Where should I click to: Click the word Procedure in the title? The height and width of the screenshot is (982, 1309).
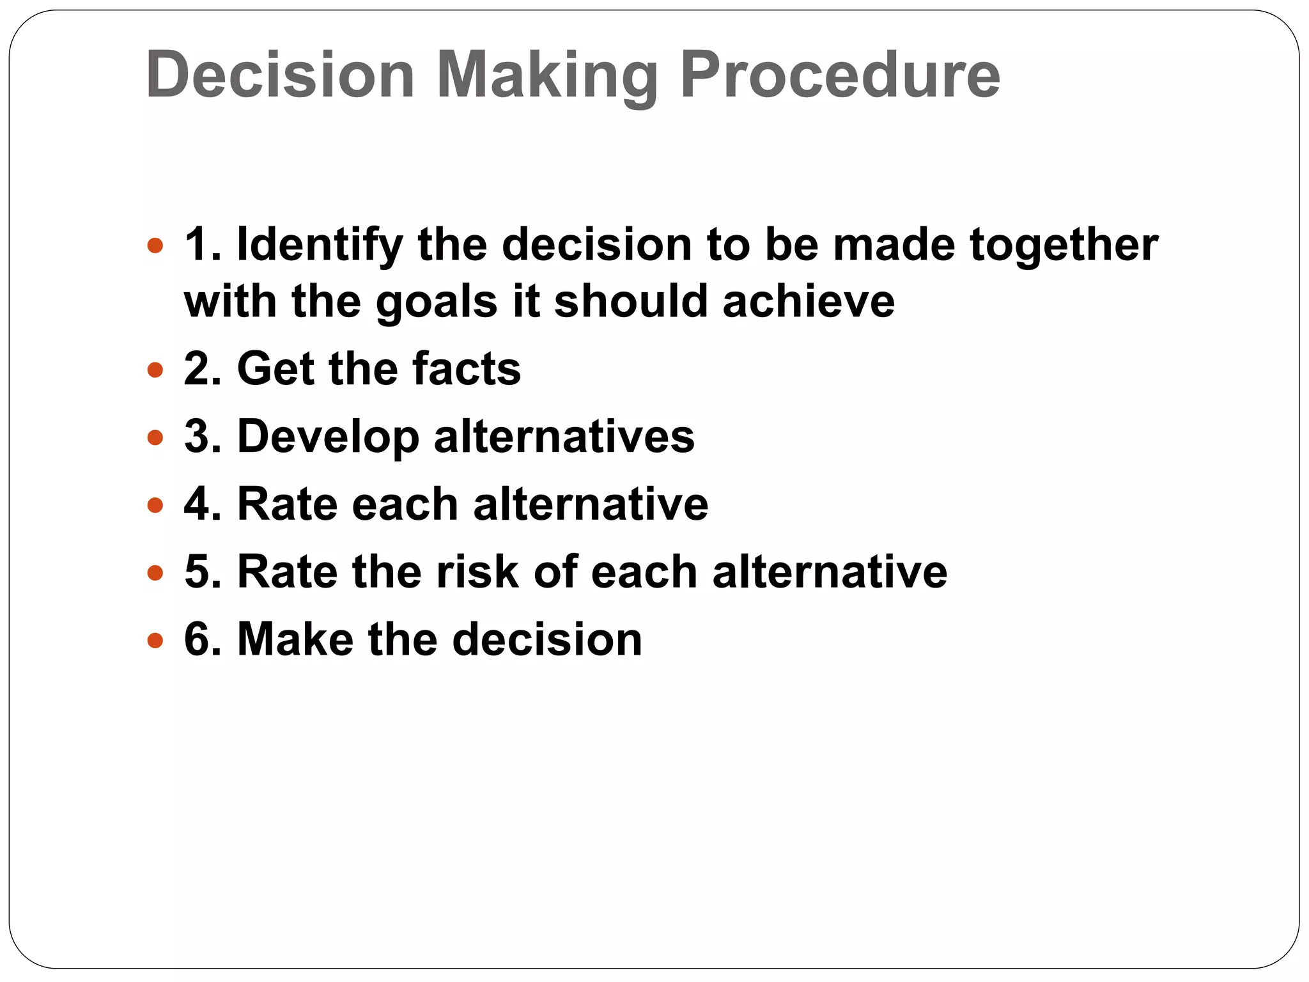coord(839,75)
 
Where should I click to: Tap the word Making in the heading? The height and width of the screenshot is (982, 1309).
coord(547,75)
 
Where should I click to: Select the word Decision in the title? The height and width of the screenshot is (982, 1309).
coord(280,75)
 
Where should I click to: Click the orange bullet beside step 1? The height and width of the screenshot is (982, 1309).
coord(155,245)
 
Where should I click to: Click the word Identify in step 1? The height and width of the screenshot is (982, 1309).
coord(320,245)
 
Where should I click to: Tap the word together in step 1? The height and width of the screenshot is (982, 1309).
coord(1064,245)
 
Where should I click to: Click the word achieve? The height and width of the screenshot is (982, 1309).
coord(809,302)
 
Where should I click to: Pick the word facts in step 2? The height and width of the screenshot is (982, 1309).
coord(467,369)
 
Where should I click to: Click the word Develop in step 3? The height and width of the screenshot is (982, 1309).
coord(328,437)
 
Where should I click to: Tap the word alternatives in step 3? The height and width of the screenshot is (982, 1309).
coord(564,437)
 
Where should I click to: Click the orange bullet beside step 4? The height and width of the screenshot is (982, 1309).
coord(155,506)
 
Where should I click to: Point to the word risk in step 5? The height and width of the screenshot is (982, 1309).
coord(477,572)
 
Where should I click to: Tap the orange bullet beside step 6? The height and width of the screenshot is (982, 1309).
coord(155,640)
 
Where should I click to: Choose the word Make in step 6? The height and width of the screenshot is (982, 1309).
coord(295,639)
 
